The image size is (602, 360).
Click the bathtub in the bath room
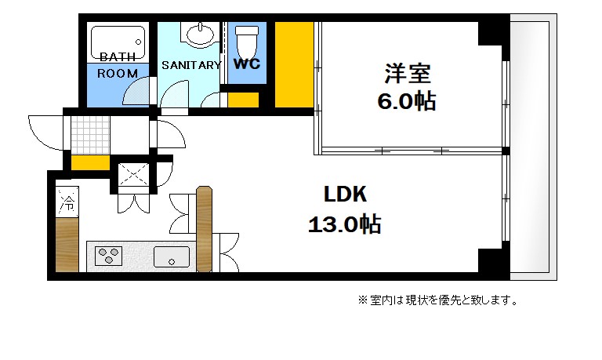click(118, 39)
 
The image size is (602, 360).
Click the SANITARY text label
click(191, 65)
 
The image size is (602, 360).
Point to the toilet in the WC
click(247, 38)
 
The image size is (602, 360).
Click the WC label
click(247, 64)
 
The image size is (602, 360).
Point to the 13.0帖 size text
click(344, 225)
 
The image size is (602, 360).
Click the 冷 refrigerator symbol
click(67, 204)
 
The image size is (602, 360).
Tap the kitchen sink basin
click(171, 256)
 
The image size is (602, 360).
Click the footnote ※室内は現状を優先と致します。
click(437, 300)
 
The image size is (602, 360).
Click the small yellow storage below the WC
click(243, 100)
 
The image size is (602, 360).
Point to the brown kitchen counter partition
click(204, 227)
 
